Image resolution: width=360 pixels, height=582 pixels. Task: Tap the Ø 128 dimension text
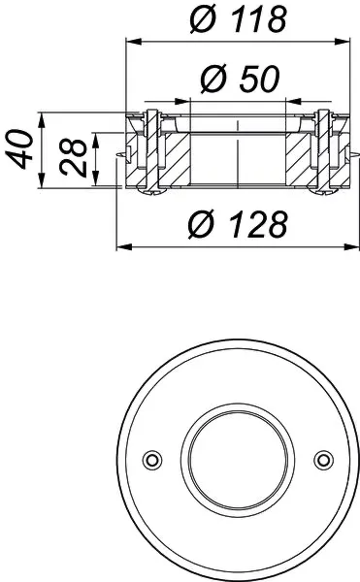pyautogui.click(x=237, y=224)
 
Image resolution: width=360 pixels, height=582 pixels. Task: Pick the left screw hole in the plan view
pyautogui.click(x=150, y=458)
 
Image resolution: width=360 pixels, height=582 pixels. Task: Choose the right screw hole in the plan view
pyautogui.click(x=323, y=458)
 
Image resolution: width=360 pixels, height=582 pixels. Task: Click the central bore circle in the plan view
pyautogui.click(x=237, y=458)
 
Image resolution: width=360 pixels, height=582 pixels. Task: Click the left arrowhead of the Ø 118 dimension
pyautogui.click(x=132, y=41)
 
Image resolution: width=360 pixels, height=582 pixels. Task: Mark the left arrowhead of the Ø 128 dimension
pyautogui.click(x=121, y=246)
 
